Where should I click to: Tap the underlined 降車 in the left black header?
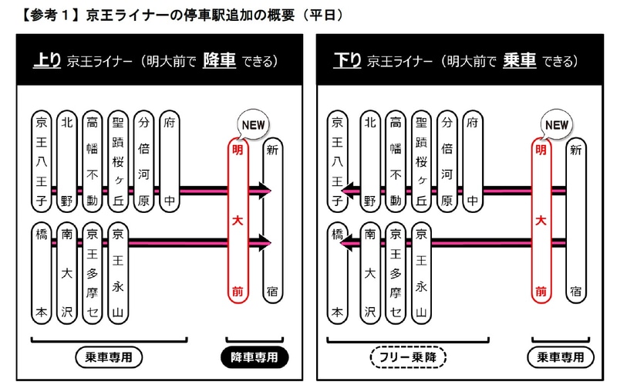(x=219, y=61)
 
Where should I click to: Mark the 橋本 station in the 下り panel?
(x=336, y=272)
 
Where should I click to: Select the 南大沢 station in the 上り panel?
(x=67, y=272)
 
